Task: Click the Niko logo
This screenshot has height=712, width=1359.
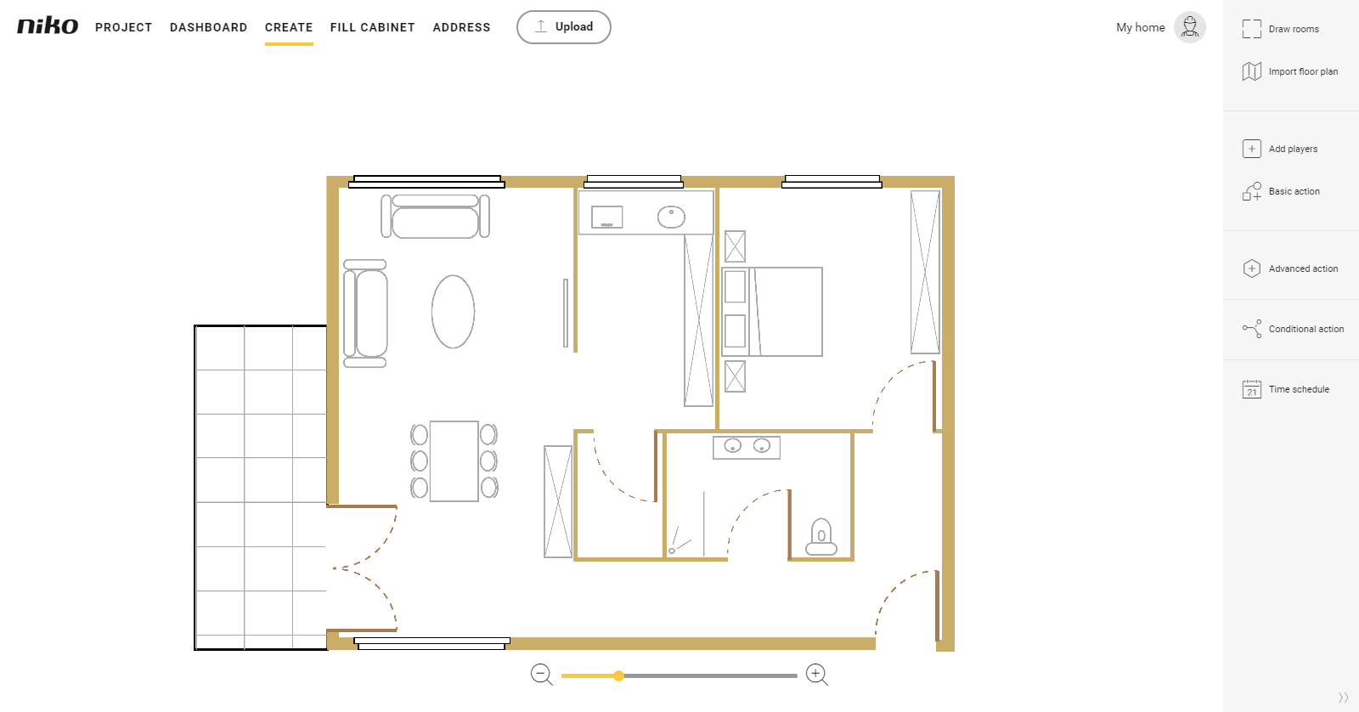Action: pos(48,26)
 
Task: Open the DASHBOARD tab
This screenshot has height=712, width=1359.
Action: pos(209,27)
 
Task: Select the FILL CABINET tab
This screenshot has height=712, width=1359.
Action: pos(373,27)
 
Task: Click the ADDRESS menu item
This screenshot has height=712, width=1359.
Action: pos(462,27)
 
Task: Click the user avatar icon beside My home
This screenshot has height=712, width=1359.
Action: pos(1189,27)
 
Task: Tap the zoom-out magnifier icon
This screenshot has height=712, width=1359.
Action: pos(541,675)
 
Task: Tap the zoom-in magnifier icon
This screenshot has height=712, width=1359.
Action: pos(816,675)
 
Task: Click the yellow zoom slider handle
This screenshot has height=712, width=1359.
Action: pos(618,675)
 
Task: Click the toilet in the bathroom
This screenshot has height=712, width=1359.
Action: pos(820,537)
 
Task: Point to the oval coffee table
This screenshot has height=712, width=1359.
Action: pos(454,311)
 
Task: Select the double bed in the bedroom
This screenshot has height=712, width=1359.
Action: pos(772,311)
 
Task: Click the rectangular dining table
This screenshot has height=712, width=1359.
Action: pos(454,461)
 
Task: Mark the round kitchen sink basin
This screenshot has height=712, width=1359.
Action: pos(671,217)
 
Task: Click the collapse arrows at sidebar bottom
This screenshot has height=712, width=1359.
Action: pos(1343,698)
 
